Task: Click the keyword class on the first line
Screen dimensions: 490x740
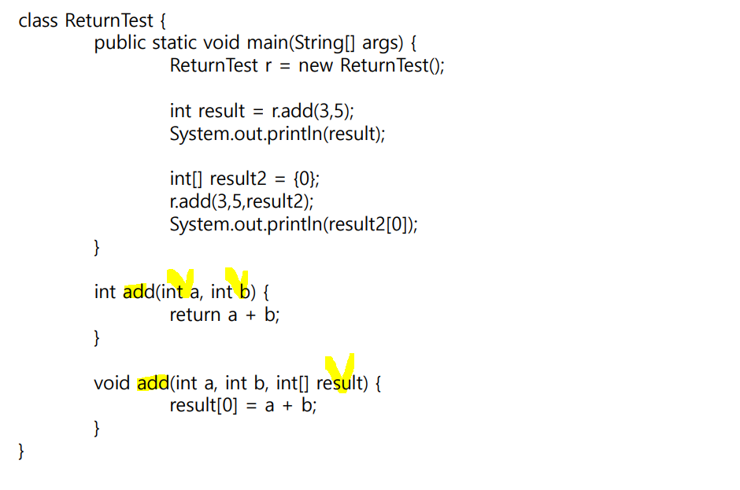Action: pos(39,20)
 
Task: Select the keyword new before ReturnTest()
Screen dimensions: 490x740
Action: pos(316,65)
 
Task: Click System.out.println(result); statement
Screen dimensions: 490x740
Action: pos(277,134)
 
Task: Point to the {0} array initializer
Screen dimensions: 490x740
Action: pos(305,179)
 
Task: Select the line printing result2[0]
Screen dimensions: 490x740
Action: pos(294,225)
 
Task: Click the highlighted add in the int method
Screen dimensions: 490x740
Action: pos(139,293)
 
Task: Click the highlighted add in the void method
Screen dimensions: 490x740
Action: pos(153,384)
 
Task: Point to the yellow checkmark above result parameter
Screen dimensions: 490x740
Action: pos(341,368)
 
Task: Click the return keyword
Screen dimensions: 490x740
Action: pos(195,315)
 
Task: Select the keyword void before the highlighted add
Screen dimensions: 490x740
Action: pos(112,384)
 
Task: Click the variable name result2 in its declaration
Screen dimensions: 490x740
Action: pos(239,179)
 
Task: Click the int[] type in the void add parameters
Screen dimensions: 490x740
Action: pos(294,384)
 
